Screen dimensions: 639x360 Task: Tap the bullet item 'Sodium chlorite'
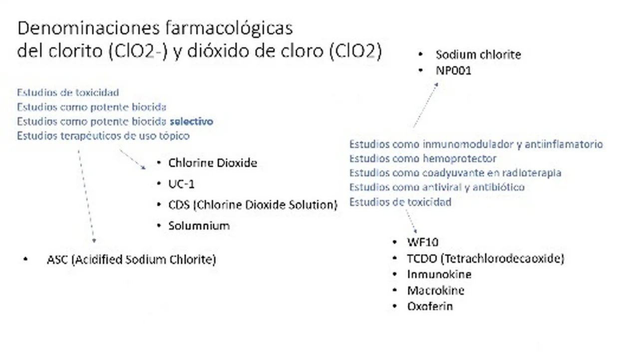pos(478,54)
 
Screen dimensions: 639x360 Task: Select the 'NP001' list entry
pos(454,70)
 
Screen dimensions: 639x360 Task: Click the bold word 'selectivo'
pos(191,121)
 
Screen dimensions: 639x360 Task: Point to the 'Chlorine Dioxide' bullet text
pos(213,163)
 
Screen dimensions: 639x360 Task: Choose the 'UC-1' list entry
pos(181,184)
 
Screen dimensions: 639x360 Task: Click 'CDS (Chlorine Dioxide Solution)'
pos(253,205)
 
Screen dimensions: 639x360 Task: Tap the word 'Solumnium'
pos(199,226)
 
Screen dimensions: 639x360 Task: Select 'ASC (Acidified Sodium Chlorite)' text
pos(131,260)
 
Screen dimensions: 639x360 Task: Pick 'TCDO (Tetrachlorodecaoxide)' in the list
pos(486,259)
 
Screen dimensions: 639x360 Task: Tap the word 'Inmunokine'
pos(439,275)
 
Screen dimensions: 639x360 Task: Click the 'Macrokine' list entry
pos(436,291)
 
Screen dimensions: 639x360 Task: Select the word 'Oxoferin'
pos(430,307)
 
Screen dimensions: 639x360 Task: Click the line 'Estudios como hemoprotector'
pos(423,159)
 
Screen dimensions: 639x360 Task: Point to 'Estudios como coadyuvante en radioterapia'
pos(456,173)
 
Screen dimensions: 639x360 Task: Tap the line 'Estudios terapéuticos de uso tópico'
pos(103,136)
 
